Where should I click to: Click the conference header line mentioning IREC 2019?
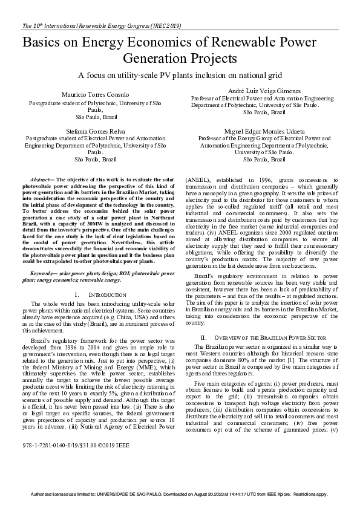[x=101, y=26]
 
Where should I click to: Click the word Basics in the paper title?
[x=46, y=44]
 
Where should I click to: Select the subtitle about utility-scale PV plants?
[x=180, y=76]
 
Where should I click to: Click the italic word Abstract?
[x=42, y=180]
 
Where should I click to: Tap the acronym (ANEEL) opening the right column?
[x=198, y=180]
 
